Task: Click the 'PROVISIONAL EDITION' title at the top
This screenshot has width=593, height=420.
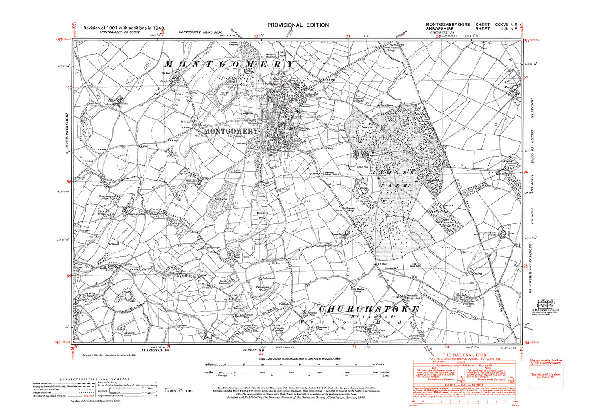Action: [x=298, y=25]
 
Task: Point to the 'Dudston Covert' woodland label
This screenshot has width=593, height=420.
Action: [x=423, y=123]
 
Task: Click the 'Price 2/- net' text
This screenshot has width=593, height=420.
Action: [x=179, y=390]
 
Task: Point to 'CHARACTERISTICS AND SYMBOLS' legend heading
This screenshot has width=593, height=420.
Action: [x=95, y=379]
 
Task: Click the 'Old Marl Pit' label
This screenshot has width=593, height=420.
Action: [x=417, y=265]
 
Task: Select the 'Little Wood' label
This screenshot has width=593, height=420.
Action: [x=101, y=212]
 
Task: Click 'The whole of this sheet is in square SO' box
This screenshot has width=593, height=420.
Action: [x=546, y=376]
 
